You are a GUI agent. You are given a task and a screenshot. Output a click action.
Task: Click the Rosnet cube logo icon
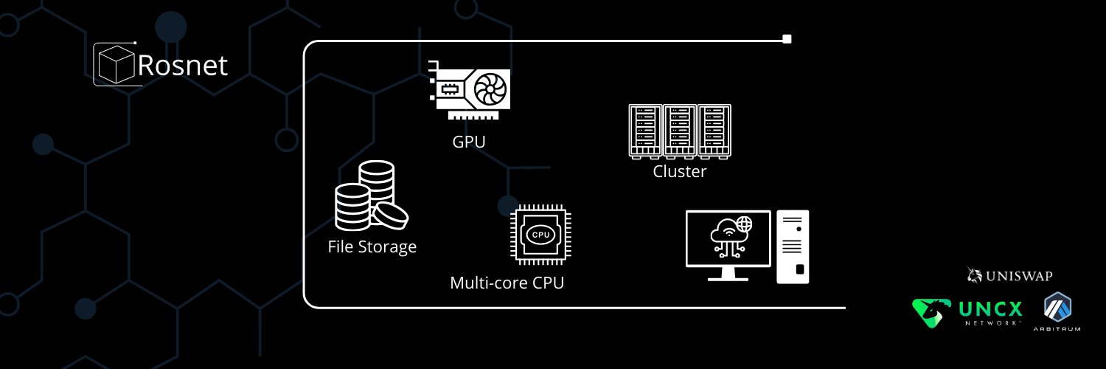[x=116, y=64]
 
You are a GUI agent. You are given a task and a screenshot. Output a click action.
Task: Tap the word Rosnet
[x=183, y=65]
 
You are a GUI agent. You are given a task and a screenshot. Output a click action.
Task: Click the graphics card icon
[x=469, y=90]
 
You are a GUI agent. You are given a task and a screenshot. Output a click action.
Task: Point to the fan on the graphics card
[x=490, y=89]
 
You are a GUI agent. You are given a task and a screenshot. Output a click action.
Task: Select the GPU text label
[x=468, y=142]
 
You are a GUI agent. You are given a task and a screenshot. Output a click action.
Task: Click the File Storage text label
[x=372, y=246]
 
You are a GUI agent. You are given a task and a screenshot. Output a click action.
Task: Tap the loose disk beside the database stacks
[x=390, y=216]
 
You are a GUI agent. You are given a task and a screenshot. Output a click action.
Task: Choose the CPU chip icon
[x=540, y=235]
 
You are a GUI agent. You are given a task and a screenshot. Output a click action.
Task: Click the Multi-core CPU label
[x=507, y=283]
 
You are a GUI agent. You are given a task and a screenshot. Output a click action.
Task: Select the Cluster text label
[x=679, y=171]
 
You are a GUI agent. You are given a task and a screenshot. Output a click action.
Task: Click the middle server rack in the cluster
[x=680, y=131]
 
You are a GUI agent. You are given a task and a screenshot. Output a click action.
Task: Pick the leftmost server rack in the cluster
[x=645, y=131]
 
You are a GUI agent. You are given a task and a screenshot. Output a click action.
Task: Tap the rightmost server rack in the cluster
[x=714, y=131]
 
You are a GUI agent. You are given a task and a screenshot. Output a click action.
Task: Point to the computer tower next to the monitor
[x=793, y=247]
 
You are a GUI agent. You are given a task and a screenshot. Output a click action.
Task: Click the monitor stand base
[x=728, y=279]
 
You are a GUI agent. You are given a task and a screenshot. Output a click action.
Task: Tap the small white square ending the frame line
[x=787, y=39]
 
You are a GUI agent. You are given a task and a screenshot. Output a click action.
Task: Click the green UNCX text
[x=990, y=310]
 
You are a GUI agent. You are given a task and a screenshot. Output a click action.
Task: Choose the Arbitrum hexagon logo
[x=1057, y=308]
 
